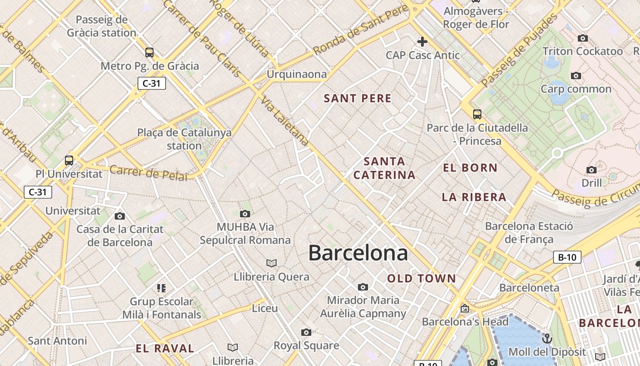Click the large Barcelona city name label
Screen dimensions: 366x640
pyautogui.click(x=358, y=253)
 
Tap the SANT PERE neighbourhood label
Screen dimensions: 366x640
pyautogui.click(x=357, y=98)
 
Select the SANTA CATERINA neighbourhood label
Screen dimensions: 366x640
pyautogui.click(x=384, y=168)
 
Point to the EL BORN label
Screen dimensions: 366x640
pyautogui.click(x=470, y=167)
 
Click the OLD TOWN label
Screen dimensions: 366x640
pyautogui.click(x=421, y=278)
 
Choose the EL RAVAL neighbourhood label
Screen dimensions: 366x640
pyautogui.click(x=165, y=348)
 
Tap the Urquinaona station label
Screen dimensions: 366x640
pyautogui.click(x=297, y=74)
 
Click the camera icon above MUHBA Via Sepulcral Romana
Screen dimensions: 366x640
pyautogui.click(x=245, y=214)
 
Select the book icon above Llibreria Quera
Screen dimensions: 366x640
pyautogui.click(x=272, y=263)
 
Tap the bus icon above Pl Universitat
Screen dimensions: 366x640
pyautogui.click(x=69, y=161)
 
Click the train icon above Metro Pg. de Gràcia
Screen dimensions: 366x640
pyautogui.click(x=149, y=52)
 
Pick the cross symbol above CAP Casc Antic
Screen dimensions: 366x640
pyautogui.click(x=422, y=42)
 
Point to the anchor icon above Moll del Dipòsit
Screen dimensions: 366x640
pyautogui.click(x=547, y=339)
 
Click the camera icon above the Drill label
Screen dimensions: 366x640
pyautogui.click(x=592, y=170)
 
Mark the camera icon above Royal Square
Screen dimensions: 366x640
pyautogui.click(x=306, y=332)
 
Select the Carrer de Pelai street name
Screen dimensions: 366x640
pyautogui.click(x=149, y=173)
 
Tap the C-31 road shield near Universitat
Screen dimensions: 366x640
pyautogui.click(x=38, y=192)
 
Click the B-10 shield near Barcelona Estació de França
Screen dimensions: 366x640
pyautogui.click(x=567, y=257)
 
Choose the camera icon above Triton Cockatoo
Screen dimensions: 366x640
pyautogui.click(x=583, y=38)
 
